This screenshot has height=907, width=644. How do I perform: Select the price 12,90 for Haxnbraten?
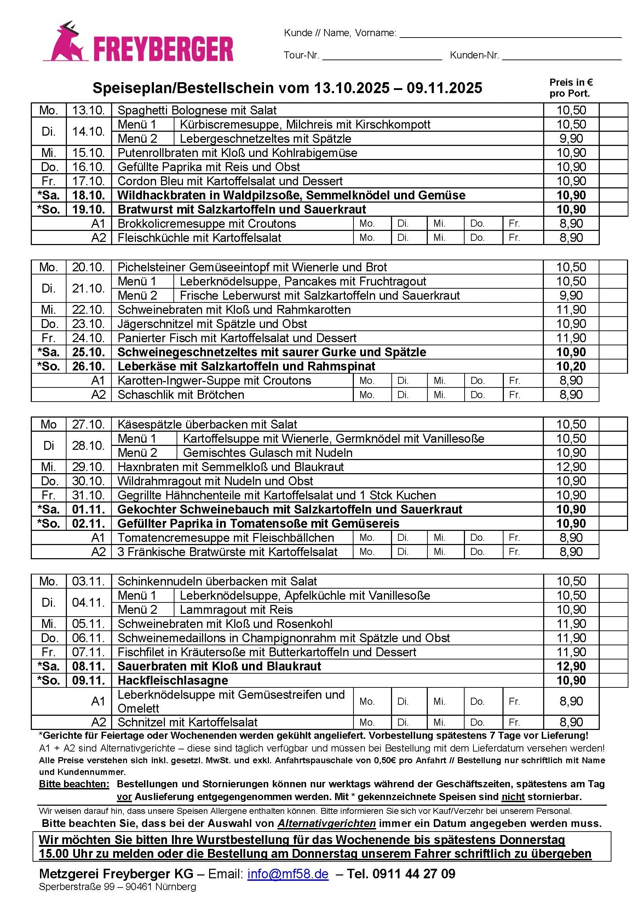click(x=571, y=466)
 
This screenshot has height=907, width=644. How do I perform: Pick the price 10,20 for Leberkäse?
click(x=571, y=366)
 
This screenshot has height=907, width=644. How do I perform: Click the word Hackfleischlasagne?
click(x=173, y=680)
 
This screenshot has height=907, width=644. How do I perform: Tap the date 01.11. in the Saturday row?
click(x=88, y=509)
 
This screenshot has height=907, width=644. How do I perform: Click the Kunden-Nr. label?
click(x=474, y=55)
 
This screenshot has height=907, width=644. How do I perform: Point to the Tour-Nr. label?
click(x=301, y=55)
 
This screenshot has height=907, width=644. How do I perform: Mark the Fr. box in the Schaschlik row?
click(x=522, y=395)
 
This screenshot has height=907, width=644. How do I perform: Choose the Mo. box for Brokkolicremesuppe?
click(x=372, y=223)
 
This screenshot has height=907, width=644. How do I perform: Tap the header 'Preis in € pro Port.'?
click(x=571, y=88)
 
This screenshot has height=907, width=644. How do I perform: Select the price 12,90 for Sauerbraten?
click(x=571, y=666)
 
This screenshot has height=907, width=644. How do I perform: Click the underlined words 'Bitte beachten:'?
click(x=74, y=784)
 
